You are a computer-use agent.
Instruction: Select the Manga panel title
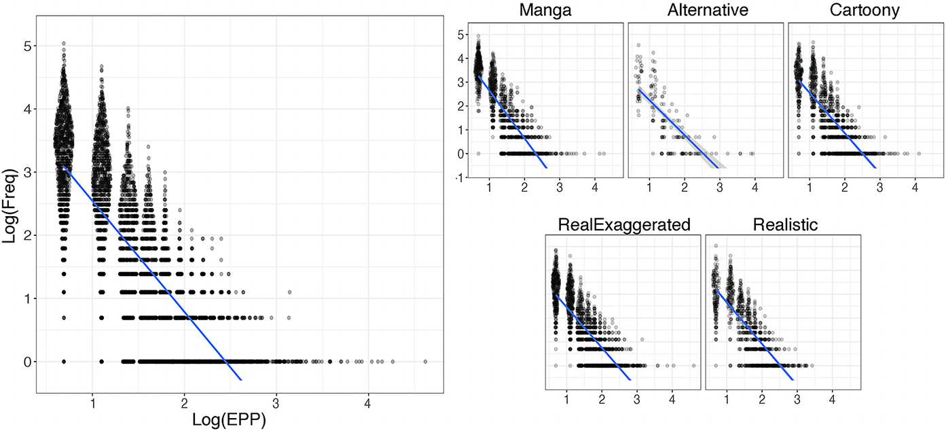click(x=544, y=12)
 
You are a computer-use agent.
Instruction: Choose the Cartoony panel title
click(x=865, y=12)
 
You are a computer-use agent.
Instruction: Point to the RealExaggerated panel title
click(x=624, y=225)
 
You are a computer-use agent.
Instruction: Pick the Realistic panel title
click(x=783, y=225)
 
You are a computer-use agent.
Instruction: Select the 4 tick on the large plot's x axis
click(x=368, y=402)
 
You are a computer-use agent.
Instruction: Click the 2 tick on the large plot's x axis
click(x=184, y=402)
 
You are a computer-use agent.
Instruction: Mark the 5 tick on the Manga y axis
click(x=460, y=34)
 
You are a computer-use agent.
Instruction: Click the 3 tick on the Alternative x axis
click(x=720, y=186)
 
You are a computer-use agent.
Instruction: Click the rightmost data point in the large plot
click(x=425, y=362)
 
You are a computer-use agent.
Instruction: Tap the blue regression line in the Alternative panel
click(x=679, y=128)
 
